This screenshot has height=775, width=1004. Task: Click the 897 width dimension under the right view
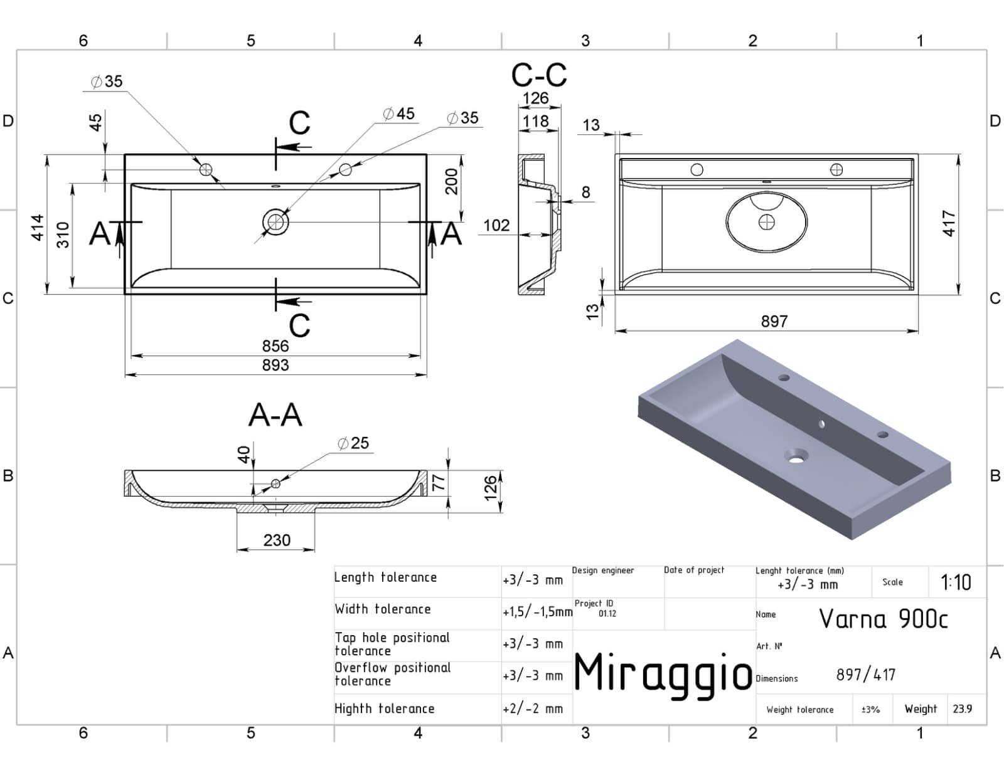click(x=774, y=321)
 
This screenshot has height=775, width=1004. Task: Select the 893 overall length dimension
click(x=275, y=365)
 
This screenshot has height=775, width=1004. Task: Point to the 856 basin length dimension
click(x=275, y=345)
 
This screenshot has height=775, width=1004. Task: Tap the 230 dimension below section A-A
click(x=277, y=540)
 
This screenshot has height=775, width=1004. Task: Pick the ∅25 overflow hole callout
click(x=353, y=443)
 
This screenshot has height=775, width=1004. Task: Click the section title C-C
click(x=539, y=75)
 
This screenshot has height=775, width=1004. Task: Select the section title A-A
click(x=275, y=415)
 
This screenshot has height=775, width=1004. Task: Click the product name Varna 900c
click(x=884, y=618)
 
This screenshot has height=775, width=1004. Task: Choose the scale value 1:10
click(x=956, y=583)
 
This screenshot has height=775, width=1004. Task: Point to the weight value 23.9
click(x=963, y=709)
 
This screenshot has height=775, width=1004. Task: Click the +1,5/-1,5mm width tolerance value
click(x=537, y=612)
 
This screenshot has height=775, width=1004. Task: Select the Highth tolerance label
click(x=385, y=709)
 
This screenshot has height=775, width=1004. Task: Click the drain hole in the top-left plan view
click(x=276, y=222)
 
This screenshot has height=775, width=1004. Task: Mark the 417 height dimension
click(x=949, y=223)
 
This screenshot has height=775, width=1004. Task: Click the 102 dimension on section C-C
click(x=496, y=225)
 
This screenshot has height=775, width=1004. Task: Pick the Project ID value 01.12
click(x=607, y=614)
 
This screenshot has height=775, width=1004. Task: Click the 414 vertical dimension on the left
click(x=38, y=228)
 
